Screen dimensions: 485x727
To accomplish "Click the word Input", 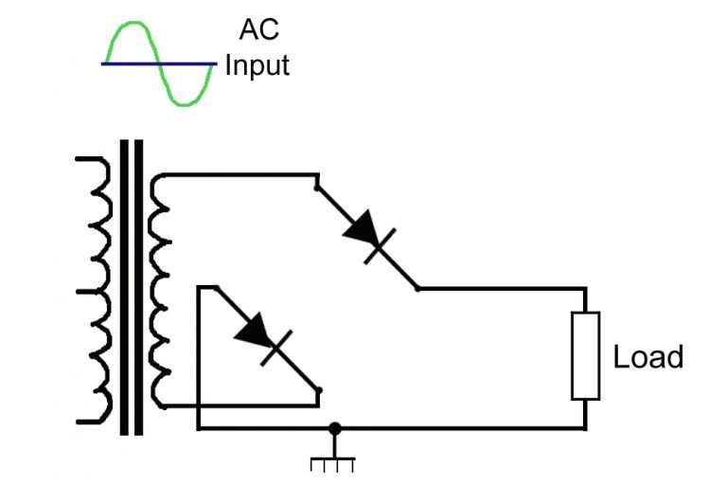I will pos(257,66).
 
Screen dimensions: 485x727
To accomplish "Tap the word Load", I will pos(647,357).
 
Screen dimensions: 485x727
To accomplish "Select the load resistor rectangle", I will pos(585,355).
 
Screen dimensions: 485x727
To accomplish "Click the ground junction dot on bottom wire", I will pos(333,428).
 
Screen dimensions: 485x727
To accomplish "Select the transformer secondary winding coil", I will pos(159,289).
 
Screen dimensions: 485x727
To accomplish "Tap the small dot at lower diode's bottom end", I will pos(319,389).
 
